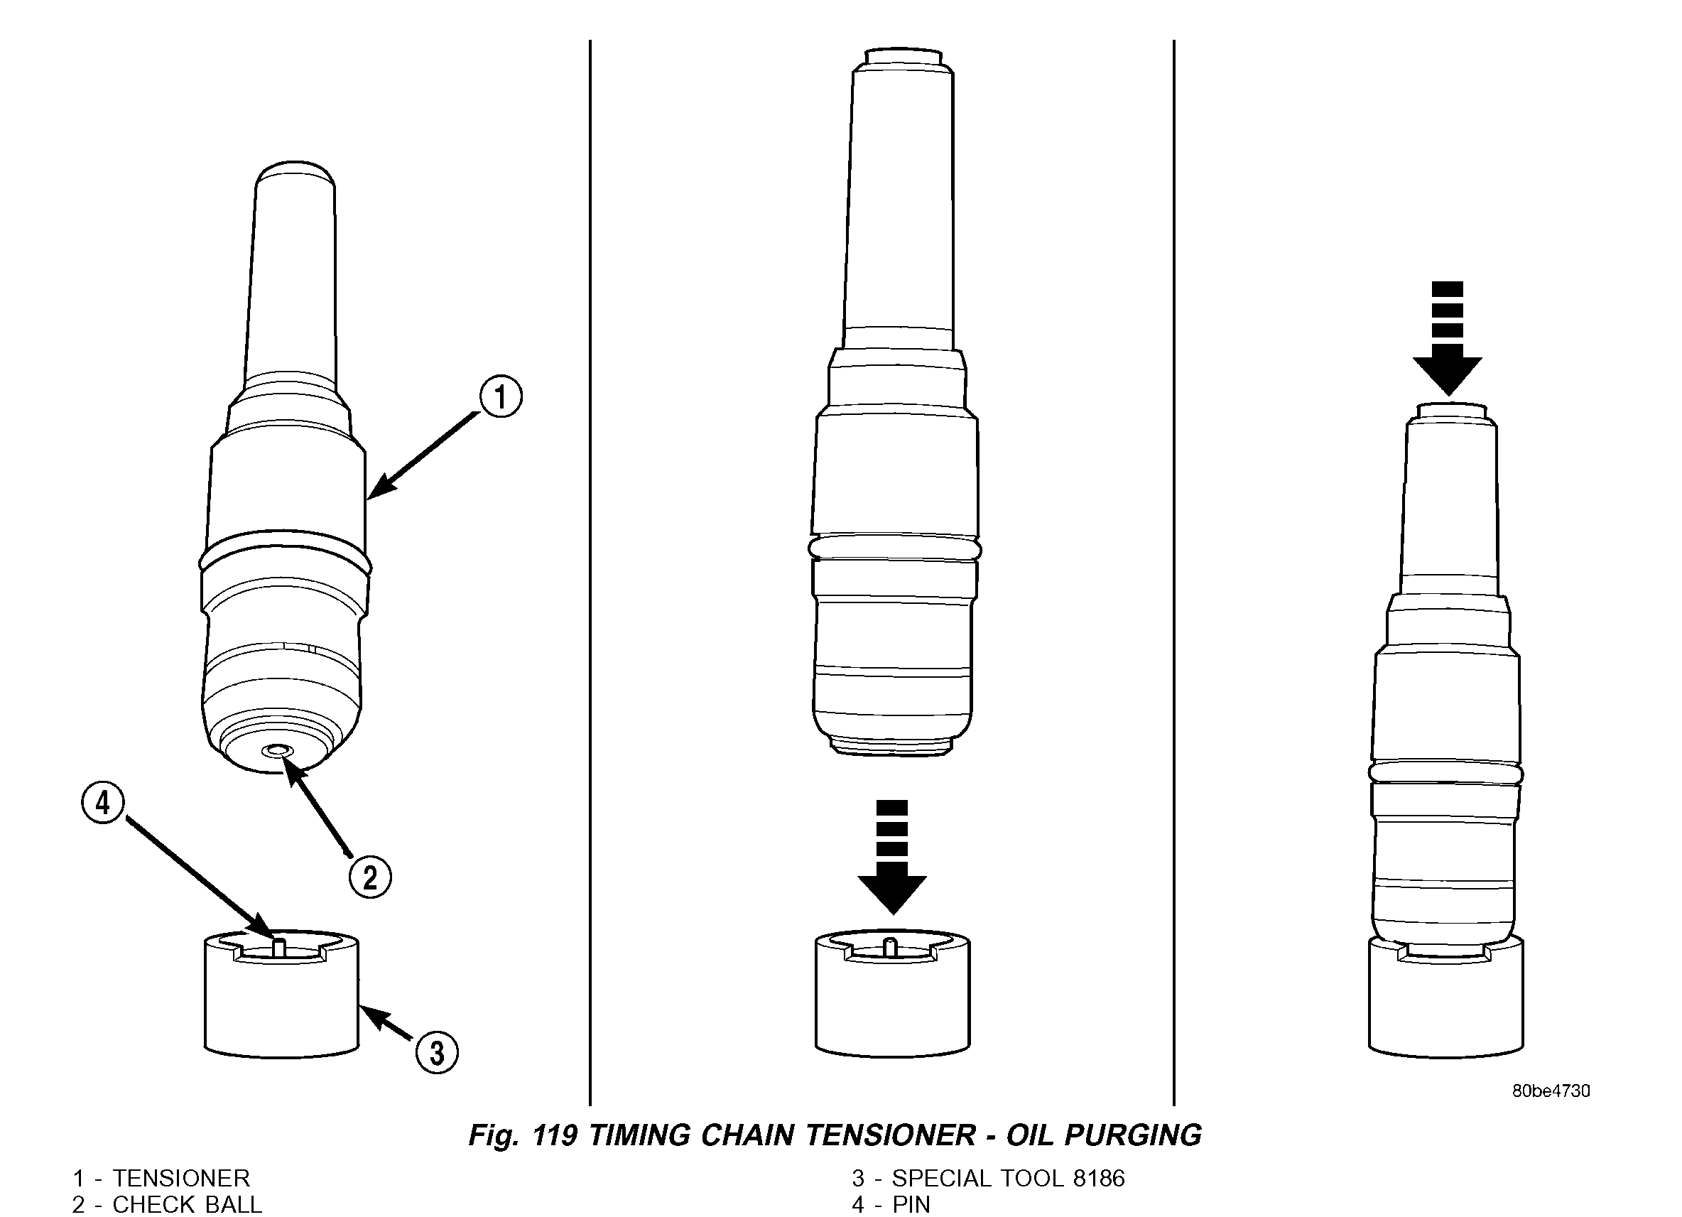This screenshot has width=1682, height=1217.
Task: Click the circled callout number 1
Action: point(501,396)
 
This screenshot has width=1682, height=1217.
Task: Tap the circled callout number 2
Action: point(370,877)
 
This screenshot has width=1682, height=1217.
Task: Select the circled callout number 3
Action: point(437,1052)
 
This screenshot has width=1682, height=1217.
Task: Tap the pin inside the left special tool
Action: point(280,947)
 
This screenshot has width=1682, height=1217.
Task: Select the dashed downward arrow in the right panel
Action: point(1447,338)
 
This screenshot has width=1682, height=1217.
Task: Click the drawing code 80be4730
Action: point(1551,1091)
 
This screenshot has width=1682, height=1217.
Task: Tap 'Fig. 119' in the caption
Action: point(522,1135)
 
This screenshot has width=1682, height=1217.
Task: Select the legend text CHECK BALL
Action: point(187,1204)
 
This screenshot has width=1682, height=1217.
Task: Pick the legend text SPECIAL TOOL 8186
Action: point(1008,1179)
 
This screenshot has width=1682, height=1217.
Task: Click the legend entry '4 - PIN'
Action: point(891,1204)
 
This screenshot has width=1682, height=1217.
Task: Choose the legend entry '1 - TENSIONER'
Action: point(161,1179)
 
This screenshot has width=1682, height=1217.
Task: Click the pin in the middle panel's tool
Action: point(891,946)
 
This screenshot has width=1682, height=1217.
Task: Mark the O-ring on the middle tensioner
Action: point(894,548)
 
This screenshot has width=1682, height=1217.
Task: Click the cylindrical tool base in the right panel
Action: point(1445,1009)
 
